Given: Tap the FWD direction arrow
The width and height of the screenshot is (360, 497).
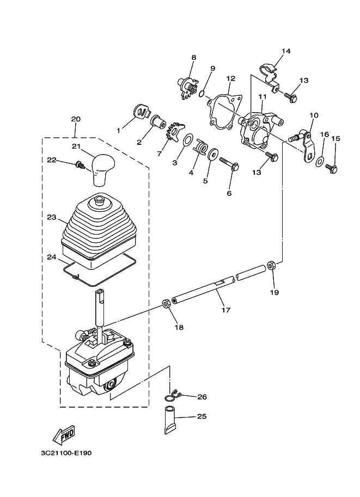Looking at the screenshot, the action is (64, 434).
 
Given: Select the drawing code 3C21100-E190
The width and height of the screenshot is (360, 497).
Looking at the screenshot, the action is (66, 453).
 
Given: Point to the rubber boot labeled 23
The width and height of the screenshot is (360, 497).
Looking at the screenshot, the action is (99, 232).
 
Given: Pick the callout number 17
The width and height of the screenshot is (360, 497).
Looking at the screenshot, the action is (226, 310).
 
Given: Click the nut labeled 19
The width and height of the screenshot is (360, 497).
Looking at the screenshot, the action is (272, 265).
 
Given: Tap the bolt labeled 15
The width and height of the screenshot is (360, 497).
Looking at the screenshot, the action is (331, 168).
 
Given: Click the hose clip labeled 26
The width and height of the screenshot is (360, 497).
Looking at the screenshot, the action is (172, 396).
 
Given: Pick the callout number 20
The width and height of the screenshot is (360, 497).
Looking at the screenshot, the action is (76, 120).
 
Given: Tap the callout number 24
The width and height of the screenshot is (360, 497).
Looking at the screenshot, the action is (51, 257).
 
